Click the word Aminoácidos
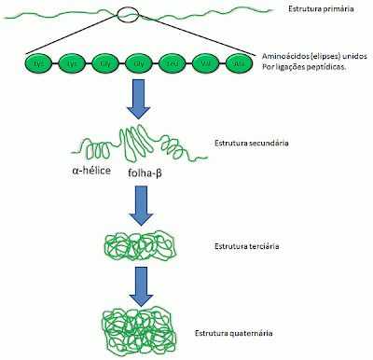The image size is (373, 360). (283, 59)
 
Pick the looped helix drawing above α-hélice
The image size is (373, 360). (99, 149)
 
